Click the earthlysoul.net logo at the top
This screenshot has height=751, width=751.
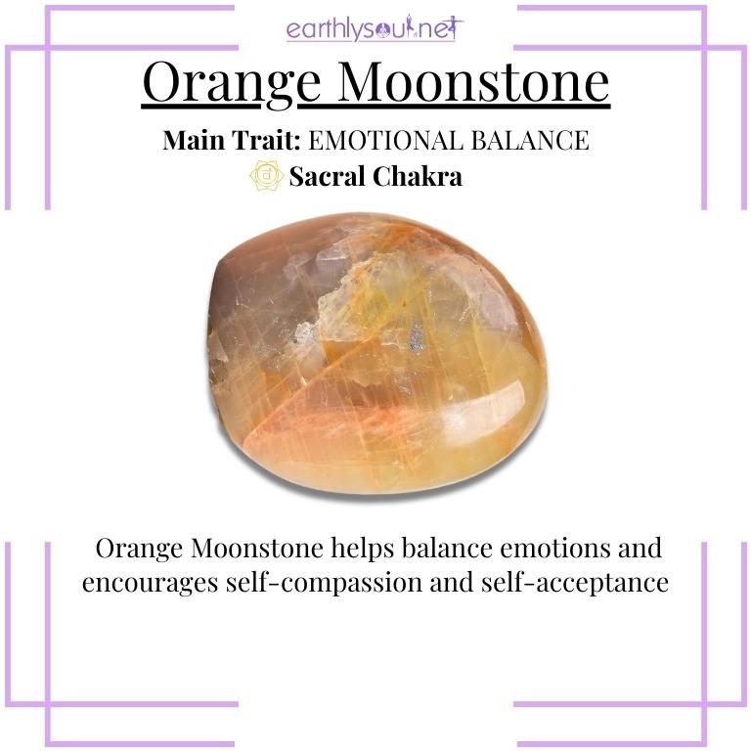[375, 28]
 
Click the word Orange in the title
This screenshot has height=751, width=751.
[218, 84]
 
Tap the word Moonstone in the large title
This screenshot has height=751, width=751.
[453, 84]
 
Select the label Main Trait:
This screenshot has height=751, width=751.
[231, 141]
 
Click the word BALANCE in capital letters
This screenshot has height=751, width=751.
[533, 141]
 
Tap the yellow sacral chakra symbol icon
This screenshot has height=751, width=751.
[266, 176]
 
